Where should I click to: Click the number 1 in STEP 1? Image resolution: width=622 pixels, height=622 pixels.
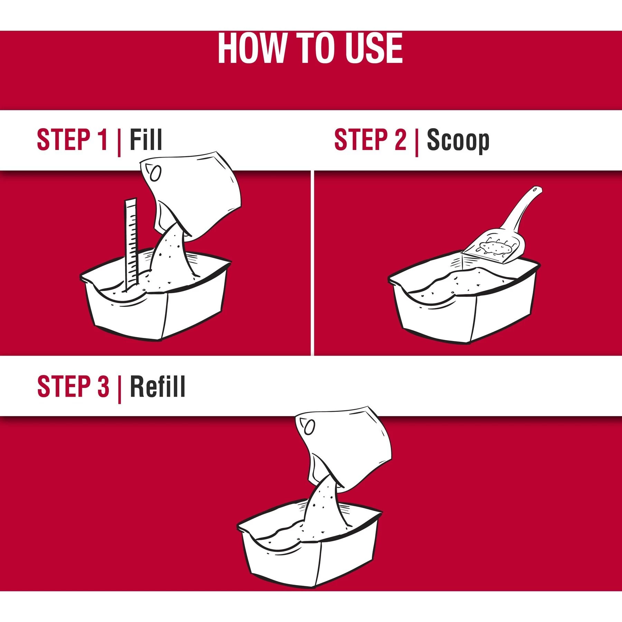(x=102, y=140)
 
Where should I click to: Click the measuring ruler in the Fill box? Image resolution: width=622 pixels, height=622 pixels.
(x=131, y=242)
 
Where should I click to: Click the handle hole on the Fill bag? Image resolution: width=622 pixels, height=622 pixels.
(x=156, y=173)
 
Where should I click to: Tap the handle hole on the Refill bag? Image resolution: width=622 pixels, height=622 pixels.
(x=310, y=427)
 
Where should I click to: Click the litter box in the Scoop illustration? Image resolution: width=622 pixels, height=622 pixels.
(x=463, y=304)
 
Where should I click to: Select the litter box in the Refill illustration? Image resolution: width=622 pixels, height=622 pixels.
(x=310, y=549)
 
